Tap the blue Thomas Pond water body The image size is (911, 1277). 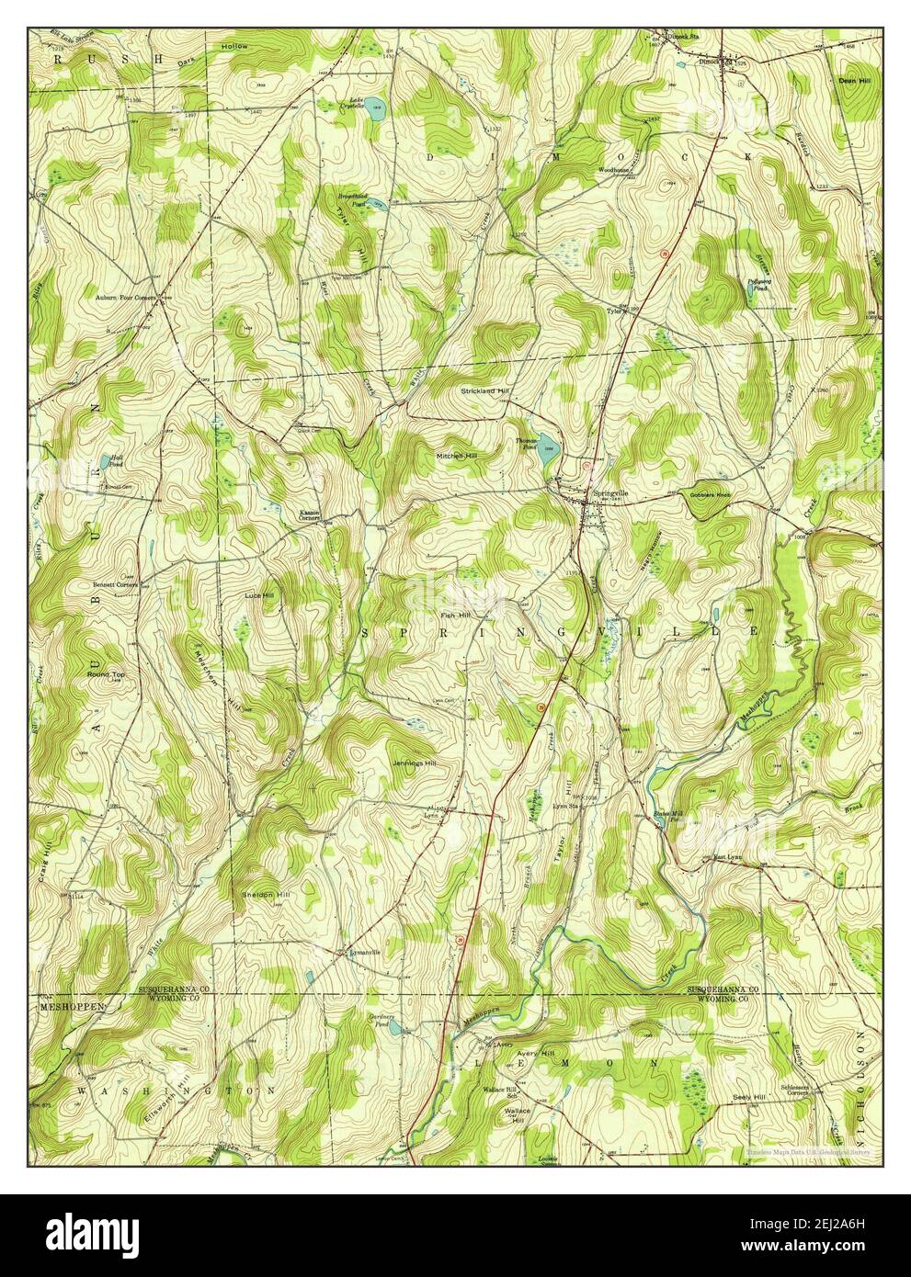click(x=548, y=451)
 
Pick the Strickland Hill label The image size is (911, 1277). click(x=484, y=390)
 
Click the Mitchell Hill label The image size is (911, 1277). click(x=458, y=456)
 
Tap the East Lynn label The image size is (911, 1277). click(x=730, y=858)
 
